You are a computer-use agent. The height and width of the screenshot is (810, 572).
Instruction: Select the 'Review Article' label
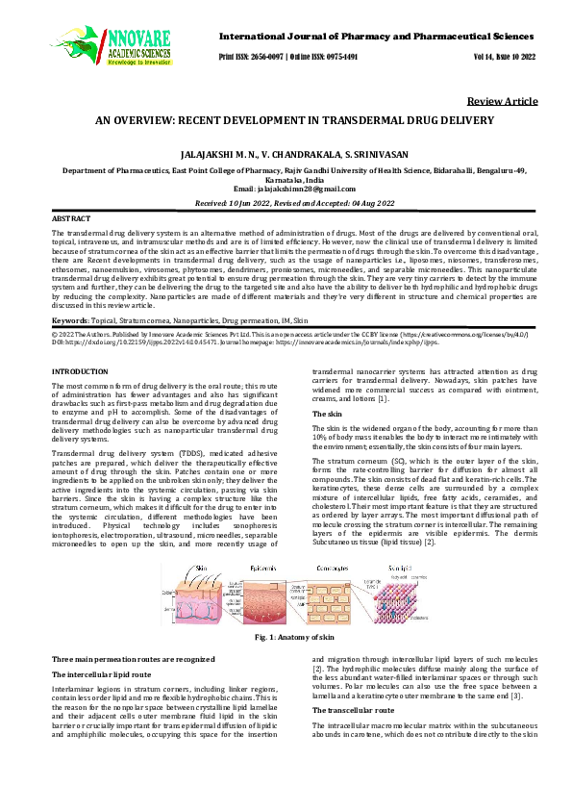(x=502, y=102)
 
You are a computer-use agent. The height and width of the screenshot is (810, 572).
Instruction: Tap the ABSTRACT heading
(x=70, y=218)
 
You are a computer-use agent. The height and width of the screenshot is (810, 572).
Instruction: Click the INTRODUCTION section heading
(x=79, y=370)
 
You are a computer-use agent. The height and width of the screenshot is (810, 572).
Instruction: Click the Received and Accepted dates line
(x=285, y=204)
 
